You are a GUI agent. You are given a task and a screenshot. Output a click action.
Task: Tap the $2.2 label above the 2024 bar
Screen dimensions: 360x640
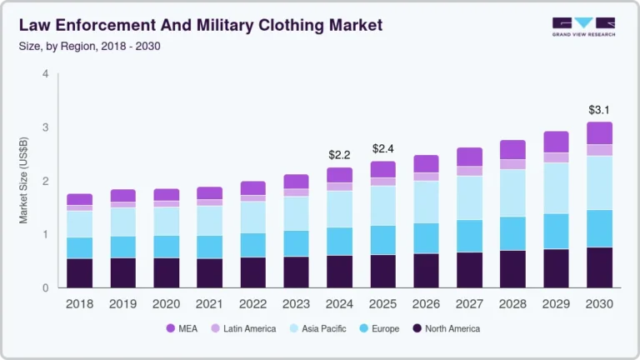point(339,155)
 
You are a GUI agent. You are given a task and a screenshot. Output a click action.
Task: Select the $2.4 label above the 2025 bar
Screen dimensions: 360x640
point(382,148)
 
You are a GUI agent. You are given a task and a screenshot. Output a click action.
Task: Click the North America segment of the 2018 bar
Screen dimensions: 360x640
point(80,272)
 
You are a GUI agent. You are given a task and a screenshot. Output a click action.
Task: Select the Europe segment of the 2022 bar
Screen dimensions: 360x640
point(252,245)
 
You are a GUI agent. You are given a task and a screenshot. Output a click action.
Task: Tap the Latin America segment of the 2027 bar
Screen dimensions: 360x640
point(469,171)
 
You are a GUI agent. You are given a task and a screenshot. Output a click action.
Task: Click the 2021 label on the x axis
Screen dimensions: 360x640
point(209,304)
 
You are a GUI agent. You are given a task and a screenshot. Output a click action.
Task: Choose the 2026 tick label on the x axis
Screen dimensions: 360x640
point(426,304)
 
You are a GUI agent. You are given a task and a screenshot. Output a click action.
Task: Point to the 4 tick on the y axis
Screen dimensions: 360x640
point(45,74)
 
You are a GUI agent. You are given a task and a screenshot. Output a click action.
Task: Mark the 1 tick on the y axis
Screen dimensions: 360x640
point(45,234)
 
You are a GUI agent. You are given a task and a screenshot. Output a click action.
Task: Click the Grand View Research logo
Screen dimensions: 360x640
point(583,27)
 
